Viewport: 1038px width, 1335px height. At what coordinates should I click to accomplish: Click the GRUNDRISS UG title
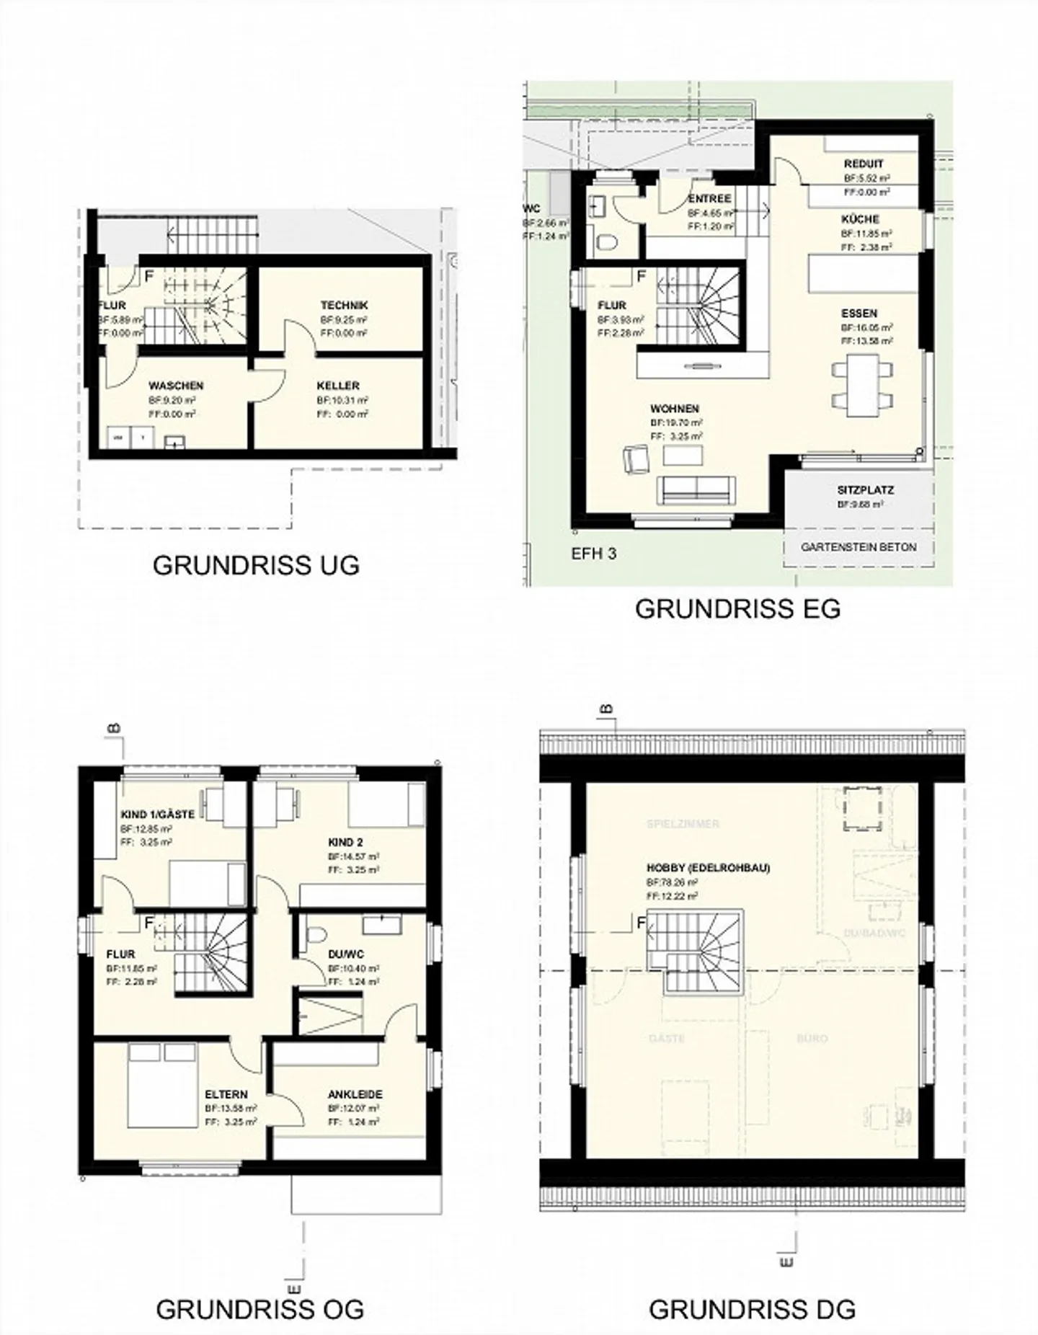256,566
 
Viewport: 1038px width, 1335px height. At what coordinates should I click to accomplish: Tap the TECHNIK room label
344,306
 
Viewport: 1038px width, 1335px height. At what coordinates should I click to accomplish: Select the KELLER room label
337,386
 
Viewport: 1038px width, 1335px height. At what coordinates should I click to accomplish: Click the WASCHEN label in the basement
176,386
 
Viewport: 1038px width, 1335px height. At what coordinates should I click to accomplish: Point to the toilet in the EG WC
607,242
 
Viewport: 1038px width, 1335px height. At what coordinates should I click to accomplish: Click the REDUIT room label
863,164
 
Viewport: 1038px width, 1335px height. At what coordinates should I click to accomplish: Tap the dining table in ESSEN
861,385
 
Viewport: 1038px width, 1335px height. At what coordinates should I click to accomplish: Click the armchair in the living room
636,459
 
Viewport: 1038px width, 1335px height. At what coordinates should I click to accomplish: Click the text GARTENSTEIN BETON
859,547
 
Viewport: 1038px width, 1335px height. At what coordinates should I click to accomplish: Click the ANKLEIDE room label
355,1094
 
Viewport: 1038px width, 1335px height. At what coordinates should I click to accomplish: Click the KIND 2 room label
345,842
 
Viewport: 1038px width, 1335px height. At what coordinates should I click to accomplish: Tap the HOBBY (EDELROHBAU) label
708,868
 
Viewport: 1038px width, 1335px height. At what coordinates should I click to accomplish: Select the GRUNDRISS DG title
752,1309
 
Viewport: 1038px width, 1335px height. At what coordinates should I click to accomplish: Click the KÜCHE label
860,219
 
